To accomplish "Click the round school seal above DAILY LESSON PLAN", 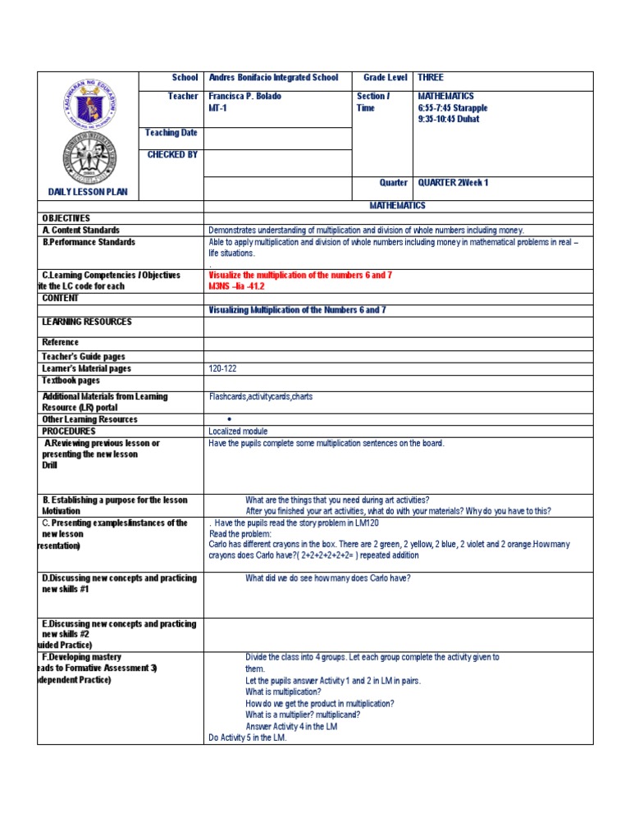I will point(88,157).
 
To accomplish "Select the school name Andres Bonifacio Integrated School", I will point(273,78).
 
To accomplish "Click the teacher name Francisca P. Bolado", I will point(245,97).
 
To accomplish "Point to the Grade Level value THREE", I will point(431,78).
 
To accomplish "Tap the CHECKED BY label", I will point(172,154).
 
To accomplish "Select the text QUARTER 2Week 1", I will point(453,183).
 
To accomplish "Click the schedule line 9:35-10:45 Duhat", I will point(449,119).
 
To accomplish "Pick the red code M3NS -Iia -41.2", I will point(237,287).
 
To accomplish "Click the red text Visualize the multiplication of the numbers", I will point(300,276).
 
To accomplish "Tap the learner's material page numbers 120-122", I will point(222,369).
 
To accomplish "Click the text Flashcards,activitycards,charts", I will point(260,397).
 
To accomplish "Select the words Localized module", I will point(238,431).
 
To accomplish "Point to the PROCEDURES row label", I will point(69,431).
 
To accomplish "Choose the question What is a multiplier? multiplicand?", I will point(303,714).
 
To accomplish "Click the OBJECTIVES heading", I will point(66,218).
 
